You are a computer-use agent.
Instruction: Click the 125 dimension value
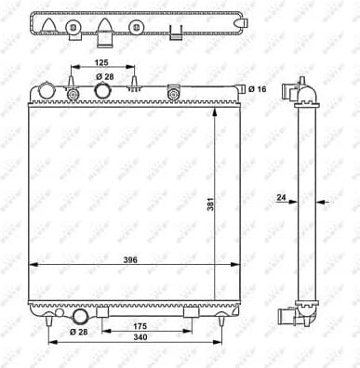tap(104, 62)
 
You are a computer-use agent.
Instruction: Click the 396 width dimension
tap(131, 260)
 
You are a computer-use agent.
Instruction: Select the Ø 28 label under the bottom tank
tap(78, 332)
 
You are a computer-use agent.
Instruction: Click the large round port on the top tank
tap(104, 91)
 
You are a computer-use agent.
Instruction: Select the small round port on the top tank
tap(73, 94)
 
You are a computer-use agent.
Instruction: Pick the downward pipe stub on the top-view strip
tap(105, 36)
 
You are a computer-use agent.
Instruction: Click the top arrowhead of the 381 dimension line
tap(218, 110)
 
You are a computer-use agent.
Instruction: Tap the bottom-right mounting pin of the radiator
tap(220, 322)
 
